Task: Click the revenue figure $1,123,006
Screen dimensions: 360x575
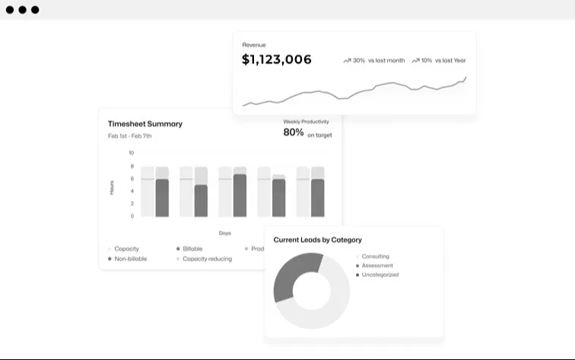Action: pyautogui.click(x=277, y=59)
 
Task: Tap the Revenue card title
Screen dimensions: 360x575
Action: pyautogui.click(x=254, y=45)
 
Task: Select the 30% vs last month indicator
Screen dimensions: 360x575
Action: pyautogui.click(x=374, y=60)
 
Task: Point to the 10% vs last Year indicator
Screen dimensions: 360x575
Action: pyautogui.click(x=439, y=60)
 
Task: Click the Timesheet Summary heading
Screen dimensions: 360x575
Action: pyautogui.click(x=145, y=123)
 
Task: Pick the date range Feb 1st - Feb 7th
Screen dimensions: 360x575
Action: pyautogui.click(x=129, y=136)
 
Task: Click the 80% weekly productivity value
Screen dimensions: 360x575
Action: pyautogui.click(x=294, y=132)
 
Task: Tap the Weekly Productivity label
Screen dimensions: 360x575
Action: pyautogui.click(x=306, y=121)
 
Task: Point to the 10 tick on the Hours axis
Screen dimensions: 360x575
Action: pyautogui.click(x=131, y=153)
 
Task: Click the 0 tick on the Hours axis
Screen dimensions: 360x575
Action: pyautogui.click(x=132, y=216)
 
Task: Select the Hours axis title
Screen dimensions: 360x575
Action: pyautogui.click(x=112, y=187)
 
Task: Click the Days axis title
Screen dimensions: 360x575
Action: pyautogui.click(x=225, y=233)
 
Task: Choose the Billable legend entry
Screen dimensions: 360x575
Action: pyautogui.click(x=192, y=249)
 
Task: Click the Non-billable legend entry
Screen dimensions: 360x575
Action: pyautogui.click(x=130, y=259)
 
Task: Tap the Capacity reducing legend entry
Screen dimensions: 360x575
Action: pyautogui.click(x=207, y=259)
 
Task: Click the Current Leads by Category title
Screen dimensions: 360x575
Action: pyautogui.click(x=317, y=240)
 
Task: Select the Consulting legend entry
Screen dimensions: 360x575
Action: pyautogui.click(x=375, y=256)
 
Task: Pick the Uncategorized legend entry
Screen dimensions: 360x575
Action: pyautogui.click(x=380, y=275)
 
